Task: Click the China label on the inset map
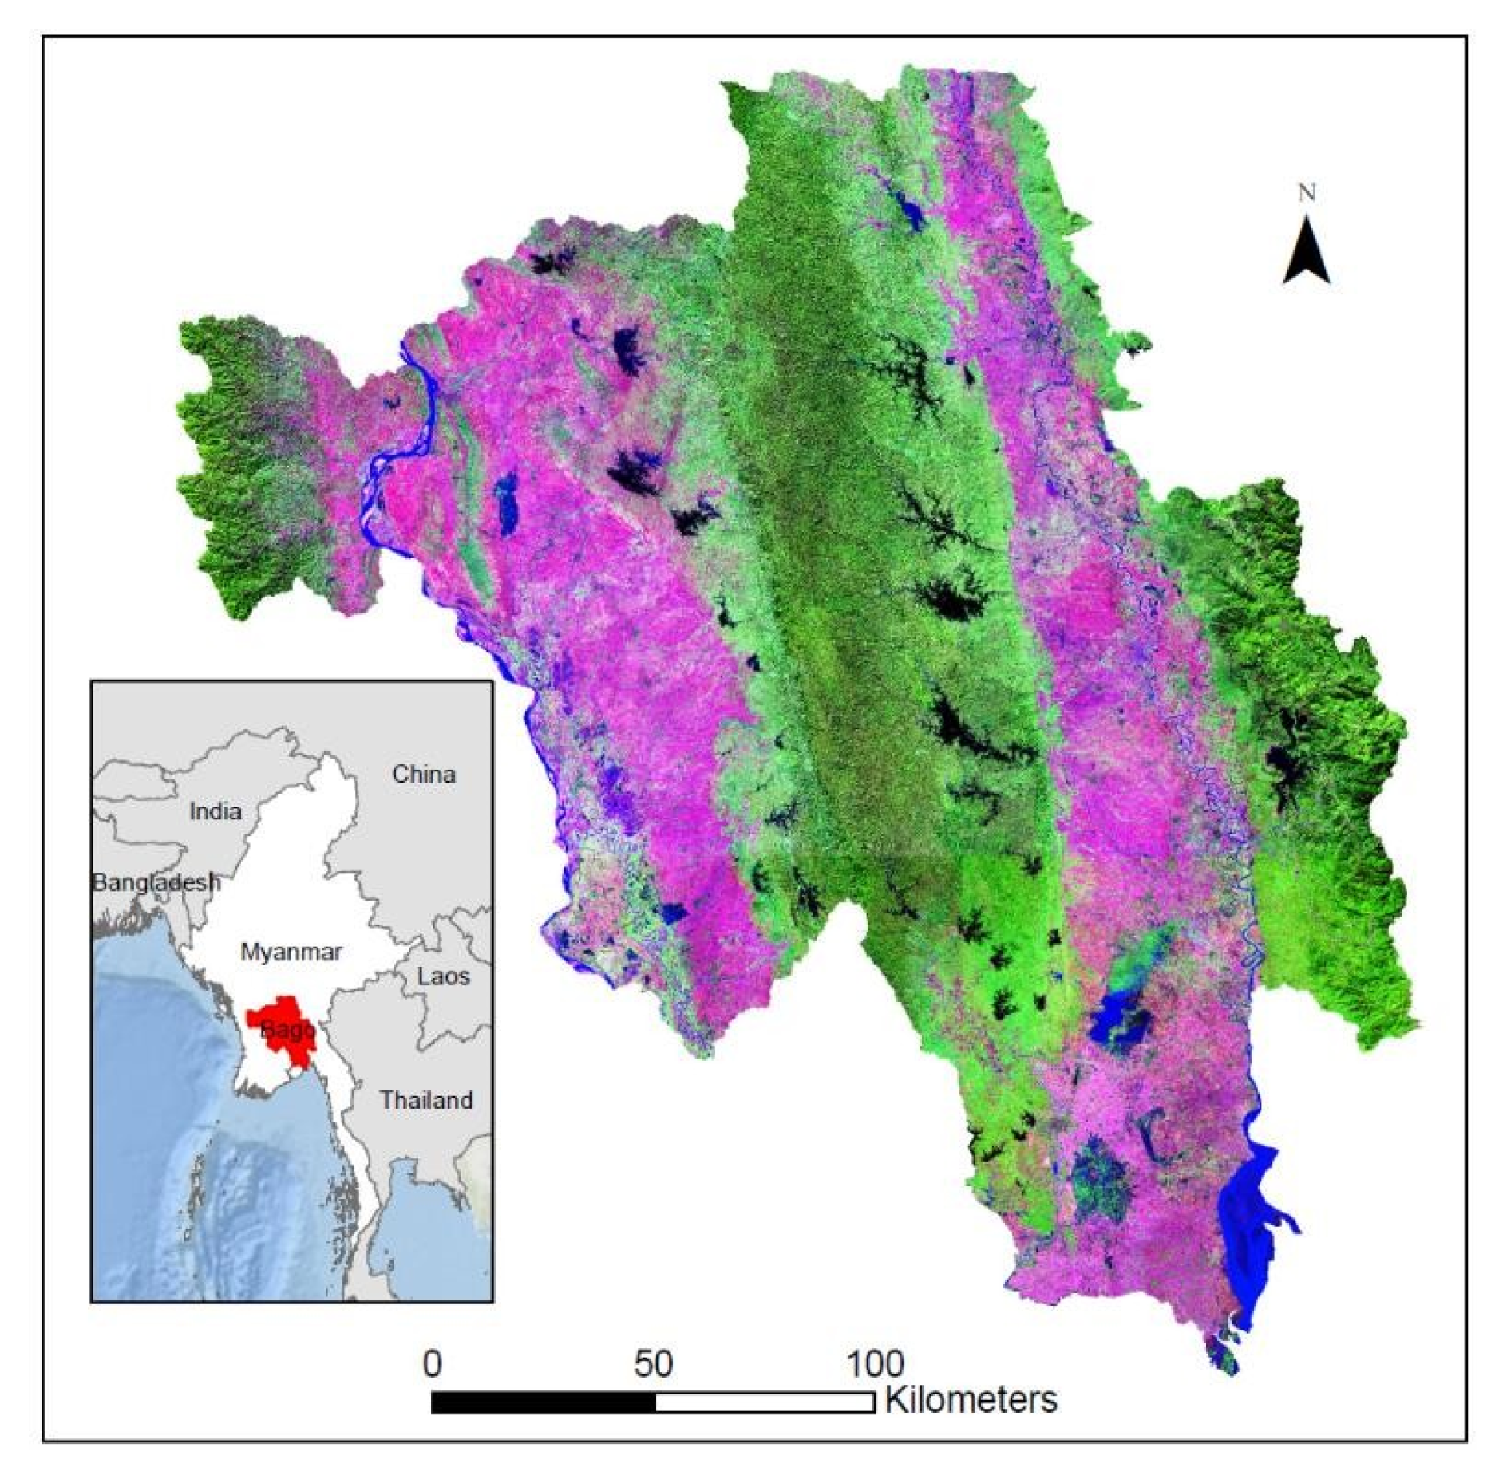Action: pyautogui.click(x=423, y=774)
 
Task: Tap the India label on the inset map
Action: pyautogui.click(x=216, y=811)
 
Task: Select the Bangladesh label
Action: pyautogui.click(x=156, y=882)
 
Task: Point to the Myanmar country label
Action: pyautogui.click(x=291, y=952)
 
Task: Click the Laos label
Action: pyautogui.click(x=444, y=976)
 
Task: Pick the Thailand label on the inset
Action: pyautogui.click(x=425, y=1100)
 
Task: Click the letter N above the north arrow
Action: pyautogui.click(x=1307, y=192)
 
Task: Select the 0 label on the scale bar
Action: pyautogui.click(x=432, y=1364)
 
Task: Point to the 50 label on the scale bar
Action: pyautogui.click(x=654, y=1364)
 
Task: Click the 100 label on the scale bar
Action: pyautogui.click(x=876, y=1364)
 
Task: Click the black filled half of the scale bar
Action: pyautogui.click(x=543, y=1402)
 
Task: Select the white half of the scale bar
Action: pyautogui.click(x=765, y=1402)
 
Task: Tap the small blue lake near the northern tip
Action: pyautogui.click(x=911, y=210)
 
